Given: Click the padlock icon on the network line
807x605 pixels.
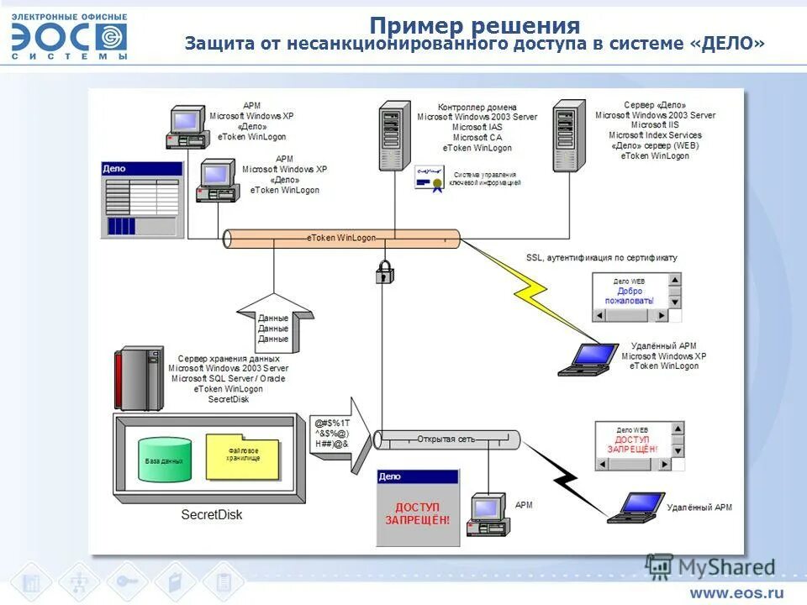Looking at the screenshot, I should point(384,271).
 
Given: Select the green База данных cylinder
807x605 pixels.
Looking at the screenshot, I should point(164,460).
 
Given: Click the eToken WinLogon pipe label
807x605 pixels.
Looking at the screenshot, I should point(341,238).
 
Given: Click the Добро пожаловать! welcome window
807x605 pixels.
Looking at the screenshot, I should point(636,297).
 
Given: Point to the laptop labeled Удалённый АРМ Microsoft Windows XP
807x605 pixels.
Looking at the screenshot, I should point(591,359).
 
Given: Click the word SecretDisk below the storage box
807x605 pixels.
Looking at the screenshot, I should point(211,513).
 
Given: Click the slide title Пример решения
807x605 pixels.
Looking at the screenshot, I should point(475,25).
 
